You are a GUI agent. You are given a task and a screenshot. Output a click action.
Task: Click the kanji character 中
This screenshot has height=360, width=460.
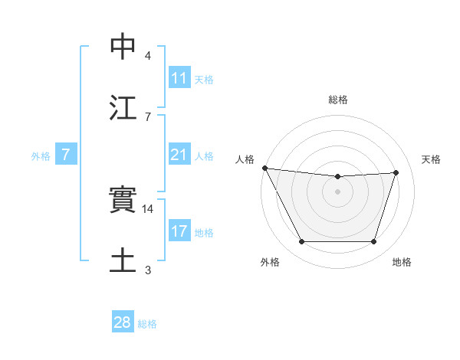(x=123, y=47)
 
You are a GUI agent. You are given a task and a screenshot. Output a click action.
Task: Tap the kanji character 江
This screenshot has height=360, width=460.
(x=123, y=107)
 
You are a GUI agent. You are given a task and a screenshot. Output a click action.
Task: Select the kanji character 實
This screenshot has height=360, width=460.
(x=123, y=200)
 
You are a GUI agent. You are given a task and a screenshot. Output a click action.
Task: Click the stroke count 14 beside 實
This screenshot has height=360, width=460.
(x=149, y=208)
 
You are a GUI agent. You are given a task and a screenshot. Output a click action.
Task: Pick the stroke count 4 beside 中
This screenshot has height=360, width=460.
(x=148, y=56)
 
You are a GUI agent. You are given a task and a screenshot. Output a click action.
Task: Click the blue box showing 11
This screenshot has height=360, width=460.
(x=179, y=78)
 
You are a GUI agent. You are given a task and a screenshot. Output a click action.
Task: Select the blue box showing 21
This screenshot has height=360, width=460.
(x=179, y=155)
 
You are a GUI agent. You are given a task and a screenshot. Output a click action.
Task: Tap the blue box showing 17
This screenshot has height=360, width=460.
(x=179, y=231)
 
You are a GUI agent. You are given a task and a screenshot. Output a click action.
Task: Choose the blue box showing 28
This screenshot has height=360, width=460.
(x=123, y=323)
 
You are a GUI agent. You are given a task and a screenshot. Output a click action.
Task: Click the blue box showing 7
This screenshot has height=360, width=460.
(x=66, y=155)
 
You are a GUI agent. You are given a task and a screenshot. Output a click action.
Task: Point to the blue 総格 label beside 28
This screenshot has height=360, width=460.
(x=147, y=324)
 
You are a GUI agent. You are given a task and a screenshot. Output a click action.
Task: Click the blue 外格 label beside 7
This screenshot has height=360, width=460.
(x=41, y=156)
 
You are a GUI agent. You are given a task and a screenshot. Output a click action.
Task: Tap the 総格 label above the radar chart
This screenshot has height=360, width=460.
(x=338, y=100)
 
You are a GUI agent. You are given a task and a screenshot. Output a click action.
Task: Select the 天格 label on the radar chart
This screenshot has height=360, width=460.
(x=432, y=159)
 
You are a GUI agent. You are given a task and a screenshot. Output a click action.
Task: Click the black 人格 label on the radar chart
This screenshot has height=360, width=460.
(x=245, y=159)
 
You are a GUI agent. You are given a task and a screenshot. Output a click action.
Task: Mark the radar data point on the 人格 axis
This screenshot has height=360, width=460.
(x=264, y=168)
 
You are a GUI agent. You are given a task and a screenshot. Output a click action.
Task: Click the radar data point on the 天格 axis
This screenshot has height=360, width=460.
(x=396, y=172)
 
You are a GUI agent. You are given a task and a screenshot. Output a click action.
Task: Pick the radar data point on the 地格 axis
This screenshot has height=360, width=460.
(x=374, y=242)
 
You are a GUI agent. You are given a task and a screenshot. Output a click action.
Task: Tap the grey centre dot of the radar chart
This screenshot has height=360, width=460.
(x=338, y=191)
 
